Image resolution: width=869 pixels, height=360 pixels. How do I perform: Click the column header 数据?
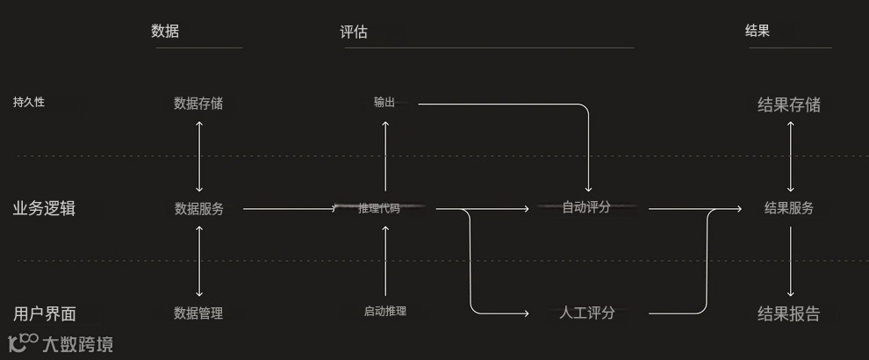tap(165, 32)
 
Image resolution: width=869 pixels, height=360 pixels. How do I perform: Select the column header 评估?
tap(354, 32)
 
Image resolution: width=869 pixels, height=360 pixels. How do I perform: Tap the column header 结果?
tap(758, 31)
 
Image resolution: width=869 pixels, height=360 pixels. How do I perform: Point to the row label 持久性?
tap(29, 102)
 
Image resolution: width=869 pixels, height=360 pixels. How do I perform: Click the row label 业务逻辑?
tap(44, 208)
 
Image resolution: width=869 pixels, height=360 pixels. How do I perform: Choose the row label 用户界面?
tap(45, 313)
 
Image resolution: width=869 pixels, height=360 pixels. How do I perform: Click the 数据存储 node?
tap(198, 104)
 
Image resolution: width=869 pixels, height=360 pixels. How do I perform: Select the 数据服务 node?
tap(199, 209)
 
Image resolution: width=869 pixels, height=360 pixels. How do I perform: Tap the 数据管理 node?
tap(198, 313)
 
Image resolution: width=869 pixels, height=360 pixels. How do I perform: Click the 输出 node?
tap(384, 103)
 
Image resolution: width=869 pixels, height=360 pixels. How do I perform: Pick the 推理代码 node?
tap(379, 209)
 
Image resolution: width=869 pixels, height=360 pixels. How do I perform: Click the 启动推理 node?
tap(385, 311)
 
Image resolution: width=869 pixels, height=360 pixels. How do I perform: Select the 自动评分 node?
tap(586, 208)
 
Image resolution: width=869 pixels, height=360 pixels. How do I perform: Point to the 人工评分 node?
tap(587, 313)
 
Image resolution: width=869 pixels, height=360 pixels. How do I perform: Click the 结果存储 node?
tap(789, 105)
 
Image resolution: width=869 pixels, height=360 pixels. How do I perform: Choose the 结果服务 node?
tap(789, 209)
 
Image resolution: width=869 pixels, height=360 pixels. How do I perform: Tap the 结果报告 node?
tap(789, 313)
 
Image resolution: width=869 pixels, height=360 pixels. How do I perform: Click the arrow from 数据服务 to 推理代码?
tap(290, 209)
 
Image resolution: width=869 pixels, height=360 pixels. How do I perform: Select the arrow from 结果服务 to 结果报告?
tap(791, 262)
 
